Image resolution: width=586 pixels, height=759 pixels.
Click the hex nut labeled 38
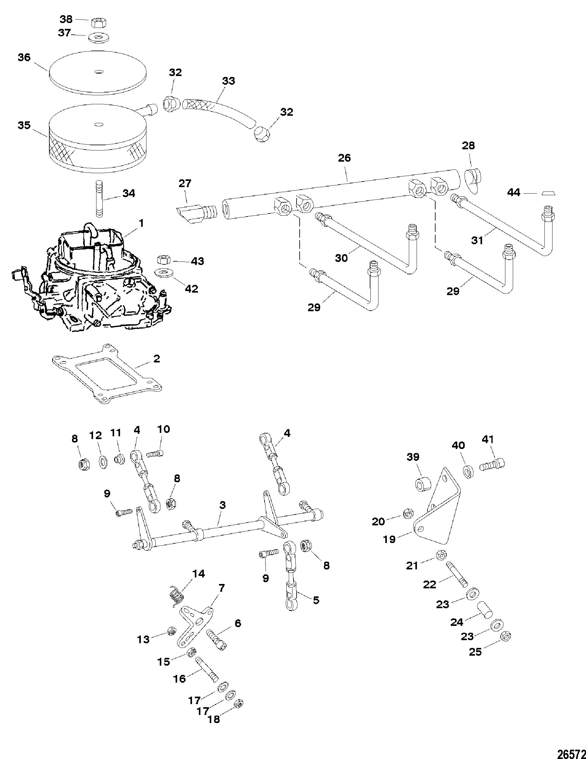pyautogui.click(x=99, y=23)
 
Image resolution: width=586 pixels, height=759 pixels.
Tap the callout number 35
pyautogui.click(x=24, y=125)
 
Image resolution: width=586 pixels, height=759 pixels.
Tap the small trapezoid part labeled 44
pyautogui.click(x=549, y=193)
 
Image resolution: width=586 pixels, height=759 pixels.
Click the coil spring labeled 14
pyautogui.click(x=177, y=597)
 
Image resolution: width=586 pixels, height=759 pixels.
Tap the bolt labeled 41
pyautogui.click(x=492, y=464)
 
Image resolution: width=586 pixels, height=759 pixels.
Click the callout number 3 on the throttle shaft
pyautogui.click(x=222, y=505)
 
